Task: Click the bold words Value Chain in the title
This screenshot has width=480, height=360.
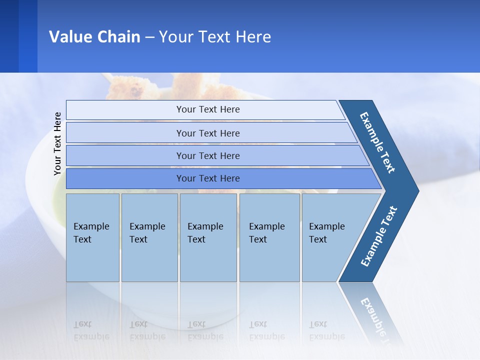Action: point(94,37)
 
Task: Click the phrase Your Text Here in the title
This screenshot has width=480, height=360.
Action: point(215,37)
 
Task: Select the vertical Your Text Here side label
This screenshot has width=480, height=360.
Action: point(57,144)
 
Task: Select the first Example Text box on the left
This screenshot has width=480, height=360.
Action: point(92,237)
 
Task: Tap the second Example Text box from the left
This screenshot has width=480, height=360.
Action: point(149,237)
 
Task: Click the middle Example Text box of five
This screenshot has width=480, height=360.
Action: point(208,237)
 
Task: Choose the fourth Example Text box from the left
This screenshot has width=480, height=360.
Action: point(269,237)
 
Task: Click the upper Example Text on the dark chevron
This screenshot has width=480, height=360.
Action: point(377,142)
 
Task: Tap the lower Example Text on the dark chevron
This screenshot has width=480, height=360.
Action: point(379,236)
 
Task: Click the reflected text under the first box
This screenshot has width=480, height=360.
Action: point(91,330)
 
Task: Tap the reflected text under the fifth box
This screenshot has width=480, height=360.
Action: point(326,330)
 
